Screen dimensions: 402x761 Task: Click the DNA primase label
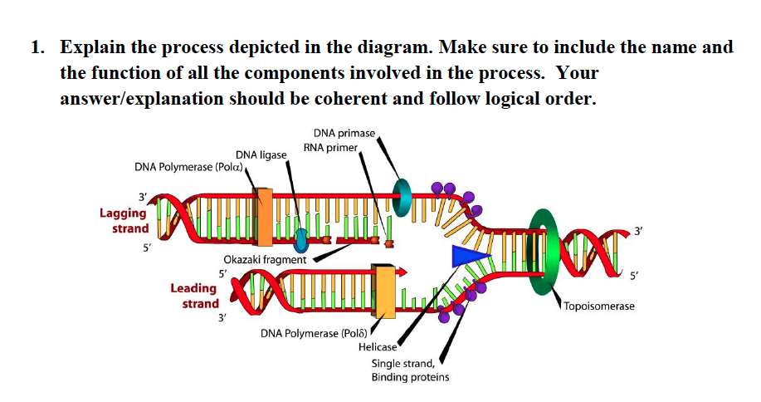coord(344,133)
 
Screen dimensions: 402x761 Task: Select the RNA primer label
coord(330,147)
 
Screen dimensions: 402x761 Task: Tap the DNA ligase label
coord(261,155)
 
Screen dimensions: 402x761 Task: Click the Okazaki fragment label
coord(266,259)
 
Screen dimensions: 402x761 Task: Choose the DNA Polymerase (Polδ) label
coord(312,334)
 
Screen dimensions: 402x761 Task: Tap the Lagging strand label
coord(124,220)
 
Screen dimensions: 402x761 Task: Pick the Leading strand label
coord(194,296)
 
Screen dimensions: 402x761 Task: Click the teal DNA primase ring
coord(403,197)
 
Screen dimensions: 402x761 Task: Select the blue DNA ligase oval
coord(301,240)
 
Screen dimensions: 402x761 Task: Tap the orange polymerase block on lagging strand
coord(265,217)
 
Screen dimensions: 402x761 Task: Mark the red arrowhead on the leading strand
coord(404,271)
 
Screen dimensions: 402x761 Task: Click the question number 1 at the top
coord(37,47)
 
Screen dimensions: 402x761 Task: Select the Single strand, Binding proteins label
coord(410,370)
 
